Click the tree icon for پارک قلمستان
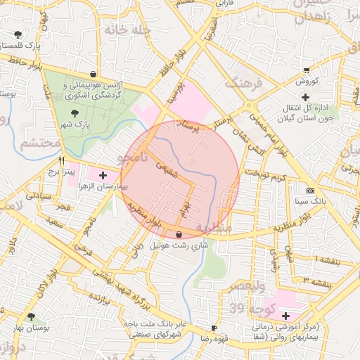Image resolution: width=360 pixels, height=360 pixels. coord(18,34)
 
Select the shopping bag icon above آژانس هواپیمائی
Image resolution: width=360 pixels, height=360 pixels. coord(93,73)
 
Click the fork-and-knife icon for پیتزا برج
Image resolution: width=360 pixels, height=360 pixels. coord(61,159)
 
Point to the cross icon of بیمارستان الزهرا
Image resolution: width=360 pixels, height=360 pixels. coord(103,175)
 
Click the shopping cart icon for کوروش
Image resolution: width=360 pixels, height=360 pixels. coord(307,70)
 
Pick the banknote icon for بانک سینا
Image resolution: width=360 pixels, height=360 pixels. coord(311,191)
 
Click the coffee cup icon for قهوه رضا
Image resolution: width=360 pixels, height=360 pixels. coord(214,328)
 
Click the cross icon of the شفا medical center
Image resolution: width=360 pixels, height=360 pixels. coord(285,316)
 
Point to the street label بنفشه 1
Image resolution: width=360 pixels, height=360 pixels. coord(329,261)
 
